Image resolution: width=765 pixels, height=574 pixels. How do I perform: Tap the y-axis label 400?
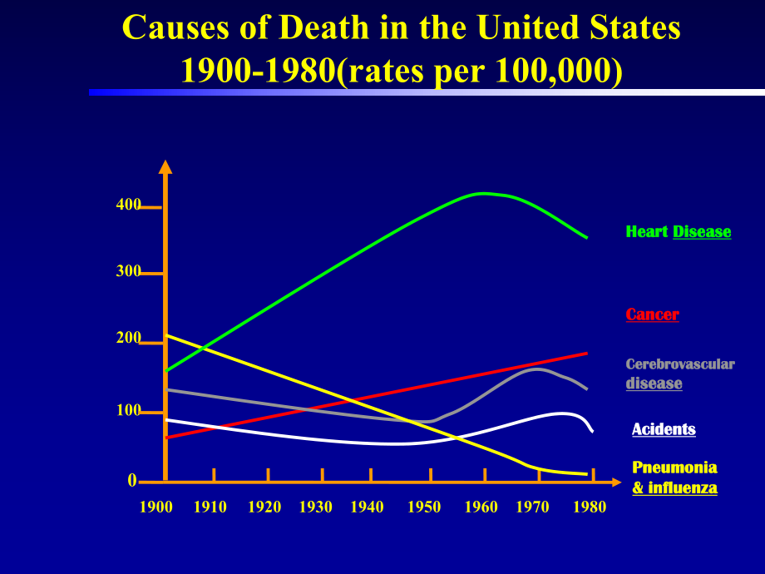(x=128, y=205)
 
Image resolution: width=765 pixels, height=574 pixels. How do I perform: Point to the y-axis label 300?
(x=128, y=271)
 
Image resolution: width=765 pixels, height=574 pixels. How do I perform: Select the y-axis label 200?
(x=128, y=338)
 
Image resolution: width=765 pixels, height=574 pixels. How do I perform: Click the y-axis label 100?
(x=128, y=410)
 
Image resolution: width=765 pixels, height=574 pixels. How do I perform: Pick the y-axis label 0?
(x=132, y=480)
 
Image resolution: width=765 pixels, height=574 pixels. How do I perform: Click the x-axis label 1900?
(x=156, y=507)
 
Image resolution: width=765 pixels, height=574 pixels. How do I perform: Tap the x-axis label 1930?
(x=316, y=507)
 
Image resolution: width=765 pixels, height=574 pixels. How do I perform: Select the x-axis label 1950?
(x=424, y=507)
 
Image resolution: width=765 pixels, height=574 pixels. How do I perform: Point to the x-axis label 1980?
(x=590, y=507)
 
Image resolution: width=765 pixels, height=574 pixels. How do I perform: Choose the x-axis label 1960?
(x=481, y=507)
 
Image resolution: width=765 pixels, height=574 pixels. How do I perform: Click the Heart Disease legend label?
(x=679, y=232)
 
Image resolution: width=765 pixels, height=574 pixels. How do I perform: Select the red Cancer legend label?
(x=652, y=314)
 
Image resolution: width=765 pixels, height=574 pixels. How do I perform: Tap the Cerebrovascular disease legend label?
(x=680, y=374)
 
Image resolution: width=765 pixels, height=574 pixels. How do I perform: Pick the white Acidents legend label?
(x=664, y=429)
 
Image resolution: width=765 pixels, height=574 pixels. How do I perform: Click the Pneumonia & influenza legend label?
(x=674, y=478)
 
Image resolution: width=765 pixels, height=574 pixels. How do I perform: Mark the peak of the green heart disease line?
(x=483, y=193)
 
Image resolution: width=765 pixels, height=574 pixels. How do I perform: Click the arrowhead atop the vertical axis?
(x=165, y=166)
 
